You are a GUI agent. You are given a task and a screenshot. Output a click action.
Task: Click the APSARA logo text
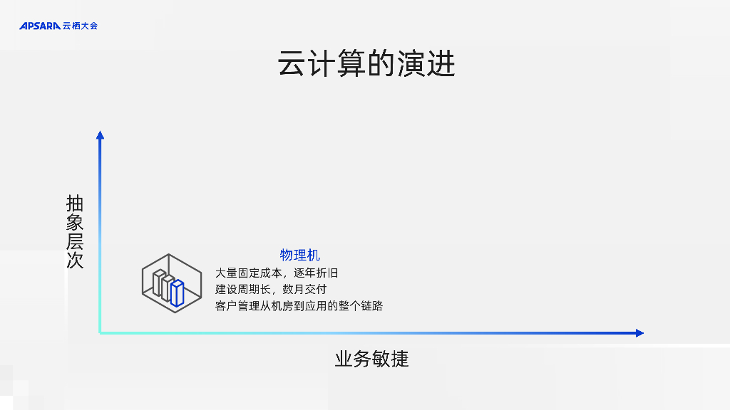[40, 26]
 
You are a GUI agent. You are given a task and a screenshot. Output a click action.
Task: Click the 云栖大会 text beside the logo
[80, 26]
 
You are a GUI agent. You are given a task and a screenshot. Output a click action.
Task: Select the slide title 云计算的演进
[366, 64]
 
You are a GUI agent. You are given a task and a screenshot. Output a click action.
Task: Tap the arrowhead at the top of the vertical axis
[100, 135]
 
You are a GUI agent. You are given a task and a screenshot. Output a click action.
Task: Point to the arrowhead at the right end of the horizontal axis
[639, 332]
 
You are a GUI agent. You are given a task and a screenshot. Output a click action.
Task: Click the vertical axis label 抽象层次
[75, 231]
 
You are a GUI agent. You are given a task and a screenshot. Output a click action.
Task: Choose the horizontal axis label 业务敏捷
[371, 359]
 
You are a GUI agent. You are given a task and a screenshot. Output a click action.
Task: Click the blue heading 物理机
[299, 255]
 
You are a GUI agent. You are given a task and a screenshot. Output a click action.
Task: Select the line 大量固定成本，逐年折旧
[277, 273]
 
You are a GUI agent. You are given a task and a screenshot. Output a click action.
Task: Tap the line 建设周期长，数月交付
[271, 289]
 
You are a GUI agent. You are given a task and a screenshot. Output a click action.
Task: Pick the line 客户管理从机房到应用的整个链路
[299, 306]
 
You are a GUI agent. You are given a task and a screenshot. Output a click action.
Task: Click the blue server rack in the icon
[177, 293]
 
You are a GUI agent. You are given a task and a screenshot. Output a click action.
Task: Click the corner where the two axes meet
[101, 332]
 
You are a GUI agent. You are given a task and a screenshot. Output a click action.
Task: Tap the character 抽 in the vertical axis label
[75, 204]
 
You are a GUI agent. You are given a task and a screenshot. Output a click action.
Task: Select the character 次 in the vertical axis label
[75, 260]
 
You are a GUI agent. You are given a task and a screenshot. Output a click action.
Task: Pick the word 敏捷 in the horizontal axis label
[390, 359]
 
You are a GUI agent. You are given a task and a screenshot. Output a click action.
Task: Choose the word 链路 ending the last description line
[373, 306]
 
